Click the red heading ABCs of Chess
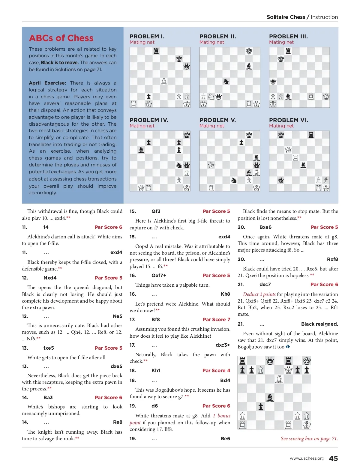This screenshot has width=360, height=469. click(61, 38)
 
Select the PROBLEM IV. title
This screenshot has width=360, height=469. click(149, 120)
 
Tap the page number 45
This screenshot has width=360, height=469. click(333, 458)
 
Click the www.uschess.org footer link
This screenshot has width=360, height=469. click(307, 458)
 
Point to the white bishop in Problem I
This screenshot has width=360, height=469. click(164, 81)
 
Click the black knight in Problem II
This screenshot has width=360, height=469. click(226, 81)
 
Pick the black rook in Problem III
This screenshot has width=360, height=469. click(288, 51)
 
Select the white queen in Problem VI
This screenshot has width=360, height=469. click(288, 150)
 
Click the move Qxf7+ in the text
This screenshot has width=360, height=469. click(159, 275)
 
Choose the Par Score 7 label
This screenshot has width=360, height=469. click(216, 319)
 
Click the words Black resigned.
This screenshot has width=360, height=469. click(319, 324)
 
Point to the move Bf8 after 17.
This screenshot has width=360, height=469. click(156, 319)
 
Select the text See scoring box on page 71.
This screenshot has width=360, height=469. click(309, 438)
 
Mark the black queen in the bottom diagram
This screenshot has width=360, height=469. click(270, 360)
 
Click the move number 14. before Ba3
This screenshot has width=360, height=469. click(25, 397)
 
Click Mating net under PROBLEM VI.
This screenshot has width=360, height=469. click(281, 126)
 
